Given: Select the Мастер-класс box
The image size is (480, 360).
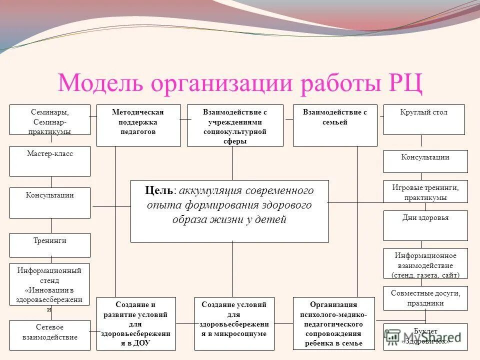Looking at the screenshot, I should click(50, 160).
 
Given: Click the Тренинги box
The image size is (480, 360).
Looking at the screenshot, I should click(50, 245).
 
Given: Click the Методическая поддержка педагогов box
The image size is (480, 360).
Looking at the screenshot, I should click(138, 125).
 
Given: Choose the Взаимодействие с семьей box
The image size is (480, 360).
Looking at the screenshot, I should click(335, 125).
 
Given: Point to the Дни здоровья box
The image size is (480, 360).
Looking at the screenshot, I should click(425, 225).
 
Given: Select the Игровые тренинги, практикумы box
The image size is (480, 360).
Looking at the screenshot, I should click(425, 191).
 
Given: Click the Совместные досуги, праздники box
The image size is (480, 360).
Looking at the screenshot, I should click(425, 297).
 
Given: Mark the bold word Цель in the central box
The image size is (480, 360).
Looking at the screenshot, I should click(159, 190).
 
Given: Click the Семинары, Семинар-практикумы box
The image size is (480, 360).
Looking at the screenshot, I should click(50, 119).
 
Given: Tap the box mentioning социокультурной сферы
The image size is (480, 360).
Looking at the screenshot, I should click(235, 125).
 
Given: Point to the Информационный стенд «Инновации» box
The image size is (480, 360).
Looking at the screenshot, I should click(50, 284).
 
